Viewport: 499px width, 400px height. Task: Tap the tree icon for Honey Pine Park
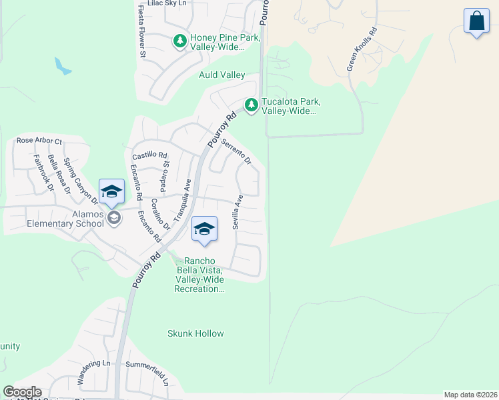[179, 42]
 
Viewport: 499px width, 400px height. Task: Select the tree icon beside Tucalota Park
[251, 105]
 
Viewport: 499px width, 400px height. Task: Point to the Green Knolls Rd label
[362, 50]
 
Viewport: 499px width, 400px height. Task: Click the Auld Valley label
[222, 75]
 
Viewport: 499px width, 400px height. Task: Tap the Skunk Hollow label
[195, 333]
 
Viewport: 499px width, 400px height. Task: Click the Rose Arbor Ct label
[39, 141]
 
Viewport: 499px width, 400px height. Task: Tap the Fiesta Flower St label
[141, 31]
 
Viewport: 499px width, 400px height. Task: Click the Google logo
[22, 392]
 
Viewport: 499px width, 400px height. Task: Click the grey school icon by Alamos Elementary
[114, 218]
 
